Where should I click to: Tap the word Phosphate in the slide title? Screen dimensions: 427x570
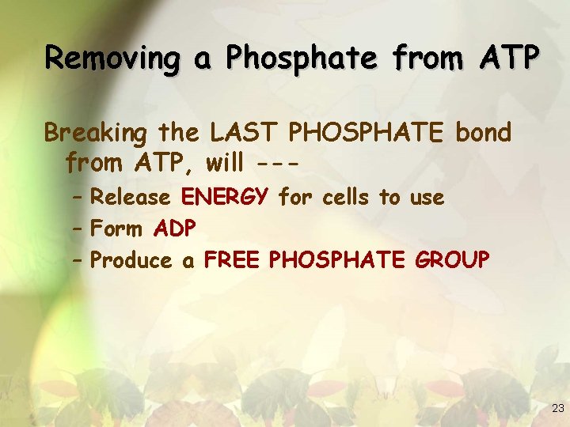287,57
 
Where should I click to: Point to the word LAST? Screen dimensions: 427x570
240,132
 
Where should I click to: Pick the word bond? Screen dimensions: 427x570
483,132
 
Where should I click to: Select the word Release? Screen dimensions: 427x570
131,197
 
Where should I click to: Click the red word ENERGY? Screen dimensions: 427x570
228,197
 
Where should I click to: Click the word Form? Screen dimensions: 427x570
116,229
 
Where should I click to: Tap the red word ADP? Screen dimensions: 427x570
175,229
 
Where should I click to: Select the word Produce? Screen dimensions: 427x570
131,260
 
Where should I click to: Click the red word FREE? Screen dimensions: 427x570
233,260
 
